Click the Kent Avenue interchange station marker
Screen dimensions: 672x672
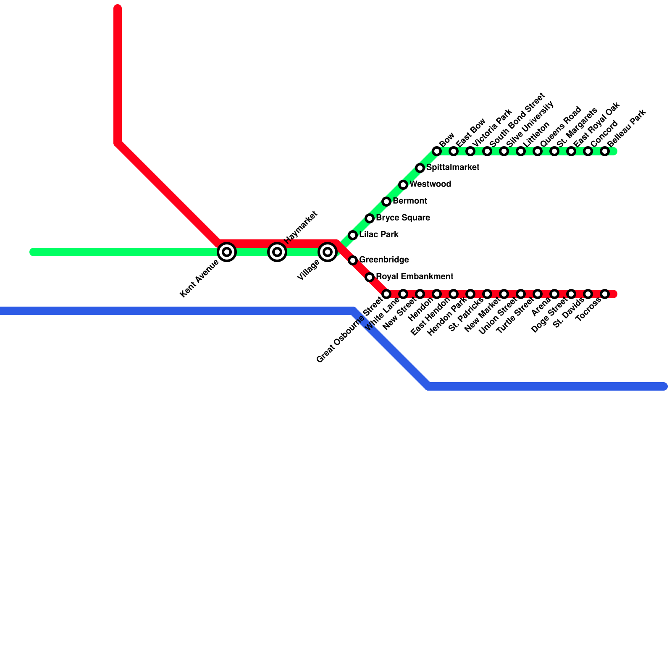click(x=227, y=252)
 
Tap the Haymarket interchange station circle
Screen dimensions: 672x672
click(x=277, y=252)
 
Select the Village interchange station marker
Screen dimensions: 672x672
click(x=328, y=252)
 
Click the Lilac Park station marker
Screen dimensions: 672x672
click(x=353, y=235)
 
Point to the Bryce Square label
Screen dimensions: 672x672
click(x=403, y=218)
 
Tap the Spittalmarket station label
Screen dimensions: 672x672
click(x=453, y=168)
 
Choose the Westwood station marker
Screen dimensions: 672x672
click(x=403, y=185)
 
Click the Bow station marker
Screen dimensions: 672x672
click(x=437, y=151)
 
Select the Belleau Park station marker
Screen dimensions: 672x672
click(x=605, y=151)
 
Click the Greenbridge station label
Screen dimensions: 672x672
click(x=384, y=260)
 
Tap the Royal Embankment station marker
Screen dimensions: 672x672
click(x=370, y=277)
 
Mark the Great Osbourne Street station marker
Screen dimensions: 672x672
click(x=386, y=294)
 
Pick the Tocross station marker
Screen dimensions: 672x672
click(x=605, y=294)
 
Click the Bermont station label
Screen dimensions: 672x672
click(x=410, y=201)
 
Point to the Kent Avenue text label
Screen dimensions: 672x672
click(x=199, y=279)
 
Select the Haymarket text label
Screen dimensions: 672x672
click(x=300, y=227)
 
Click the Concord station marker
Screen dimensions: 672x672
click(x=588, y=151)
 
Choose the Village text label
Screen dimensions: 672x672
click(x=308, y=270)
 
